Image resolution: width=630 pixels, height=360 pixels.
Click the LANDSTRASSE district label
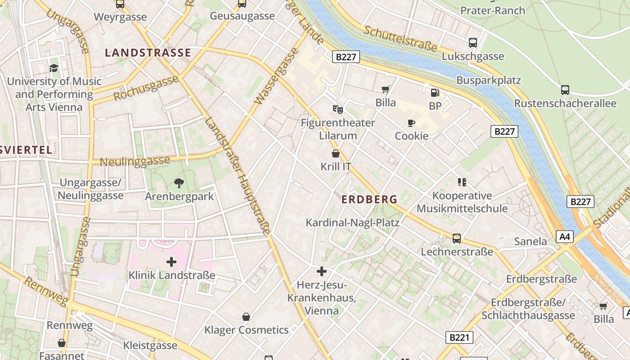click(x=148, y=53)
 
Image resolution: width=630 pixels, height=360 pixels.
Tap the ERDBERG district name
click(x=369, y=199)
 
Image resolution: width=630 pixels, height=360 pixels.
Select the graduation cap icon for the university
click(x=54, y=68)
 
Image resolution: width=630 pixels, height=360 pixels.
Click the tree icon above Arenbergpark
click(x=179, y=183)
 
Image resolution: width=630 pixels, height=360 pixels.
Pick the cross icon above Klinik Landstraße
click(x=171, y=261)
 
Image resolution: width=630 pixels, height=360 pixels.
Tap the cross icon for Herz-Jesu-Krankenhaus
click(x=322, y=271)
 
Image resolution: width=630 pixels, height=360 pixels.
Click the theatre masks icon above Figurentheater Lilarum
click(x=337, y=109)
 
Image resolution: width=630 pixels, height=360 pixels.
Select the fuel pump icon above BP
click(x=435, y=93)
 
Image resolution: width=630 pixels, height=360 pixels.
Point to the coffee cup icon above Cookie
click(x=411, y=123)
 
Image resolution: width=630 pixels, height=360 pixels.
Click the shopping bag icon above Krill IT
click(x=335, y=153)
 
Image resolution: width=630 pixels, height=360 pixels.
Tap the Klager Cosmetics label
click(x=247, y=330)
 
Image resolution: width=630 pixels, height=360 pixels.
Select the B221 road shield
click(x=460, y=337)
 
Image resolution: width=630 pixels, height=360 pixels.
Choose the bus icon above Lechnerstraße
click(x=457, y=238)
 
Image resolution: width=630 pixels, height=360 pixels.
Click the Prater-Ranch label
click(x=493, y=10)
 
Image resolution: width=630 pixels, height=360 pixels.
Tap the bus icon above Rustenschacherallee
click(x=565, y=90)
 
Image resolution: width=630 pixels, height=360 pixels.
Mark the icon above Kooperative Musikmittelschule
click(x=462, y=182)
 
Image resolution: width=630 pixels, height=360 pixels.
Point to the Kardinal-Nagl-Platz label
click(x=352, y=222)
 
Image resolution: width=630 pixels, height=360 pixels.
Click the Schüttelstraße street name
click(x=400, y=38)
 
